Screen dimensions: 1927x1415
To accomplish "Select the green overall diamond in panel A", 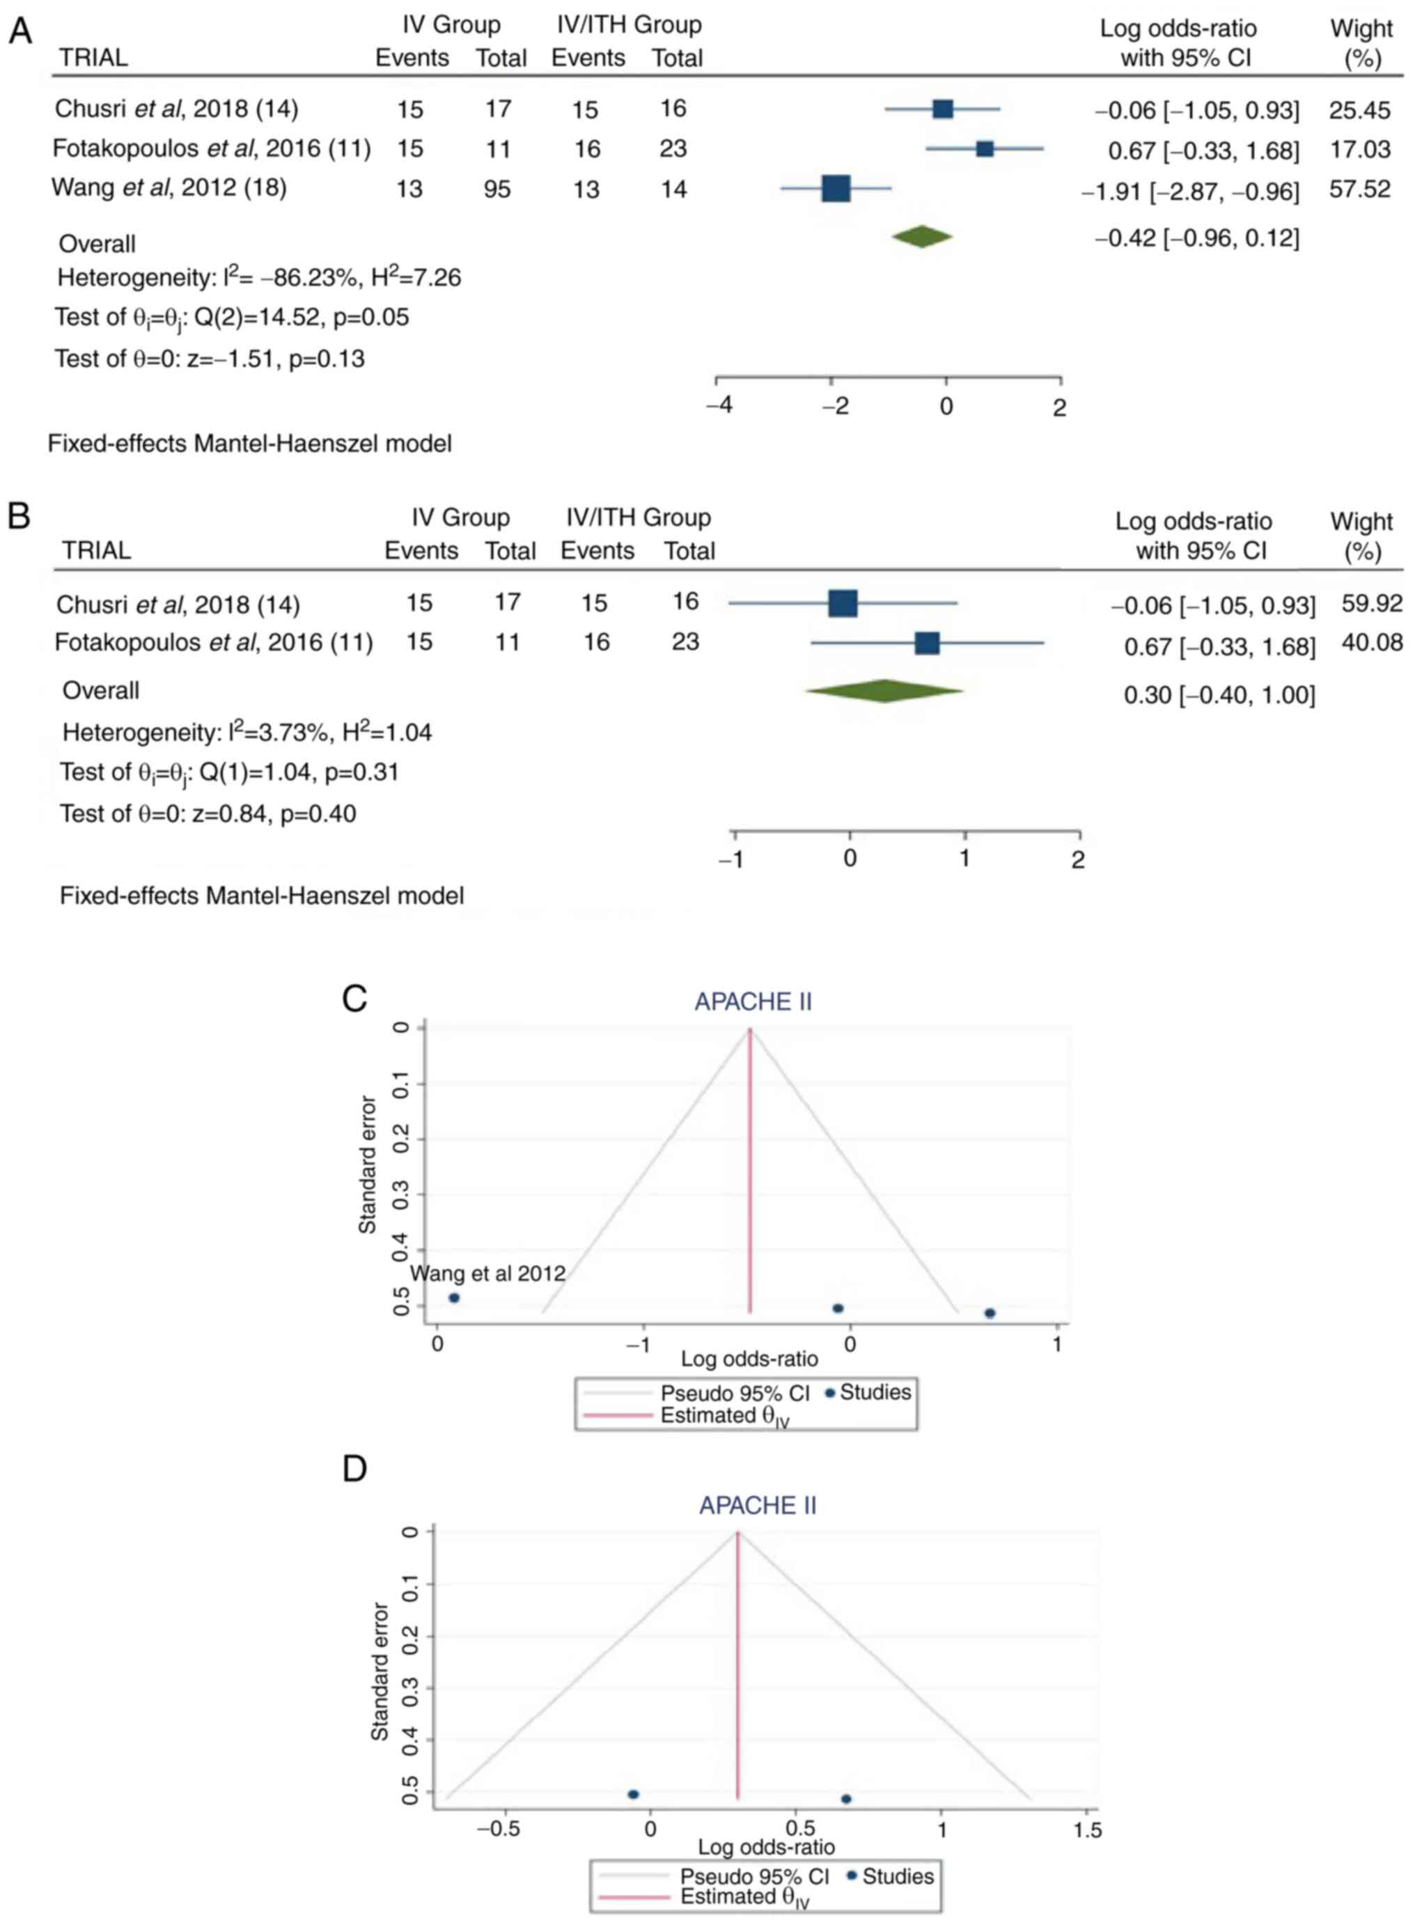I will [922, 237].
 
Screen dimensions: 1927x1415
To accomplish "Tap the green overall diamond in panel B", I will [884, 691].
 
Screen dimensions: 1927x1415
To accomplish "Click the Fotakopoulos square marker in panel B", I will [927, 643].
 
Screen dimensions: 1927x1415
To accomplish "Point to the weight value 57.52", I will [1359, 189].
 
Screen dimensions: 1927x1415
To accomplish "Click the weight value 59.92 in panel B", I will [1371, 604].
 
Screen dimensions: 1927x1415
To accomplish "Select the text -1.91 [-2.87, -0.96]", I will [1191, 191].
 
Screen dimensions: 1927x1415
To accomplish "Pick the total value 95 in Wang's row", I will [497, 189].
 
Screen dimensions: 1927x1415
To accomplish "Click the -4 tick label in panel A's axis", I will [719, 406].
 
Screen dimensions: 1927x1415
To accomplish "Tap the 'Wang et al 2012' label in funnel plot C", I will [487, 1274].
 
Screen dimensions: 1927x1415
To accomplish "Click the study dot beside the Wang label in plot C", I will [454, 1298].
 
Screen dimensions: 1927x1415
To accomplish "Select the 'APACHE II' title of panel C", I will [753, 1002].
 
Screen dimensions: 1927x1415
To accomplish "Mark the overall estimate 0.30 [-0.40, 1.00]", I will [1219, 696].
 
